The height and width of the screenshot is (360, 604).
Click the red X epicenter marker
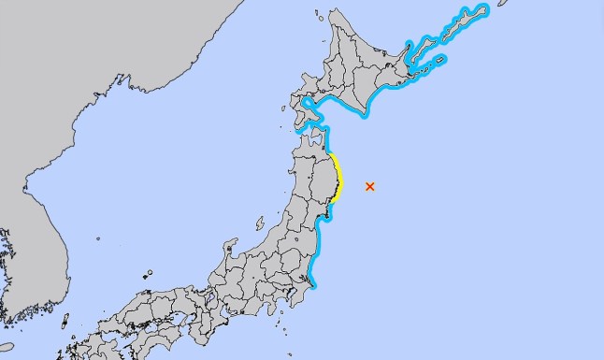click(x=370, y=186)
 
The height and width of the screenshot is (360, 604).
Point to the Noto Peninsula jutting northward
click(x=227, y=248)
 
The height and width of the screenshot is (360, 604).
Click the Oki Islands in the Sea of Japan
click(x=148, y=274)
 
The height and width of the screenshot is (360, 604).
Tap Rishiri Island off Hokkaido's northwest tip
click(x=318, y=16)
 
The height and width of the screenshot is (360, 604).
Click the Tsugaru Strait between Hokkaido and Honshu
click(x=309, y=122)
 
